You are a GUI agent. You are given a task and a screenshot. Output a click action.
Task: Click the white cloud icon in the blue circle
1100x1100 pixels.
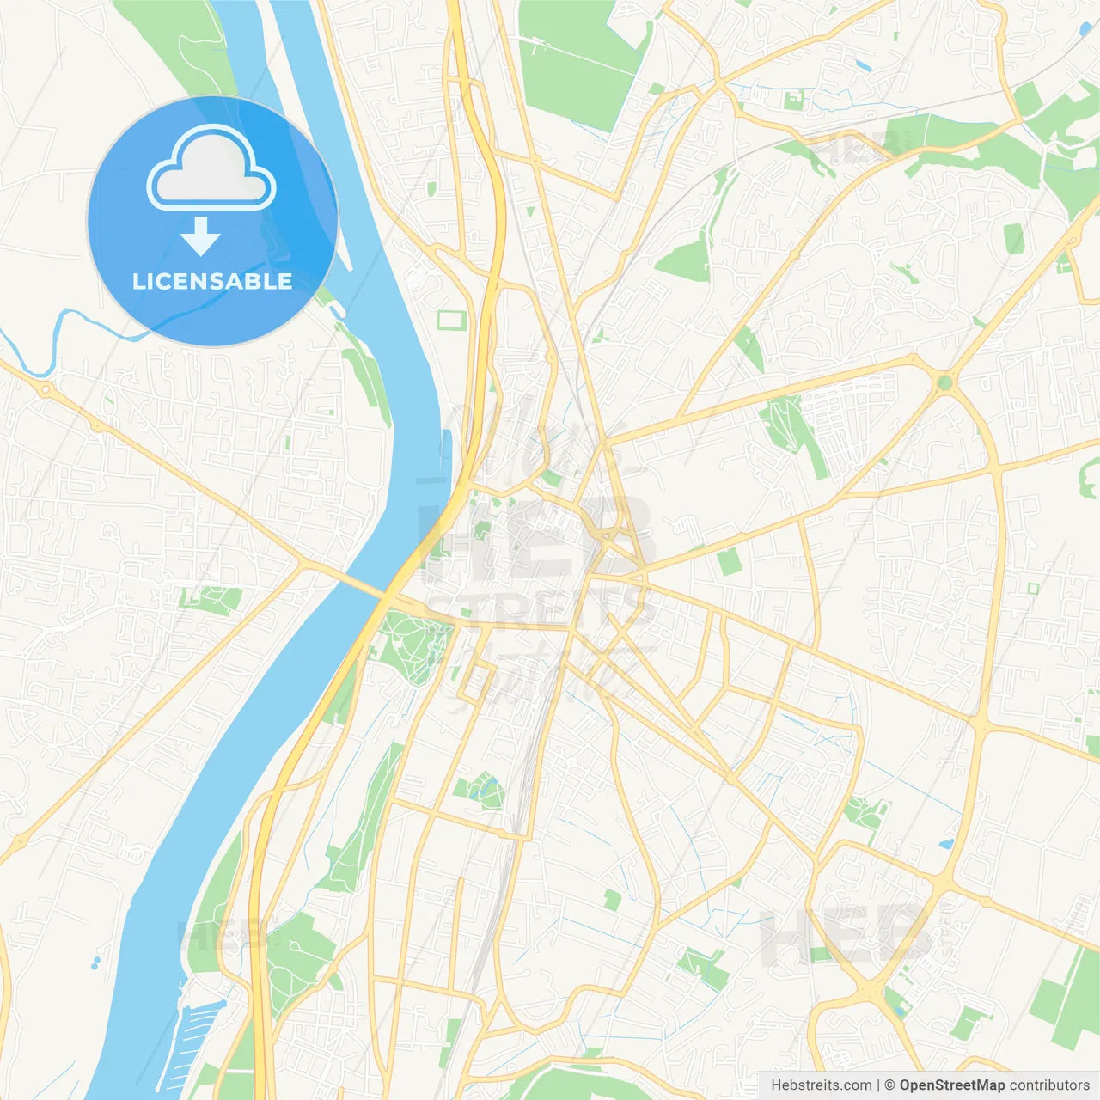211,169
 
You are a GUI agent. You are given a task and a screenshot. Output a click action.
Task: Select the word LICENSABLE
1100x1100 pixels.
212,281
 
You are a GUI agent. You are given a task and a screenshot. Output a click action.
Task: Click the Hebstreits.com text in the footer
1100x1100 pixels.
821,1085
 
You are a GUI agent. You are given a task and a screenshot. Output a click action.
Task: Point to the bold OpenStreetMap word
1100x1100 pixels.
951,1085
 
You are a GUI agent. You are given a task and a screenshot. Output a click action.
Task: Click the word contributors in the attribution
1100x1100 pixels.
1049,1085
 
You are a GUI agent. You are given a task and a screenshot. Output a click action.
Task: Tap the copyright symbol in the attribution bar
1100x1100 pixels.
889,1085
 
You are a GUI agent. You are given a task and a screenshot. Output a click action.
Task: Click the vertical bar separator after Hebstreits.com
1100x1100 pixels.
878,1085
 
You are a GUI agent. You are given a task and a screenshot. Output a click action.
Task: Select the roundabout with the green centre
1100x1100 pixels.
945,382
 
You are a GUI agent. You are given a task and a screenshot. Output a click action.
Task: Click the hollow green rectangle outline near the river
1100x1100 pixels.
450,321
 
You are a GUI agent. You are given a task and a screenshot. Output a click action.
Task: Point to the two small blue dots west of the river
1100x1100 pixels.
95,962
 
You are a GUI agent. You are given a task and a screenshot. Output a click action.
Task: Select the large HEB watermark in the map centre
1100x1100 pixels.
533,541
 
